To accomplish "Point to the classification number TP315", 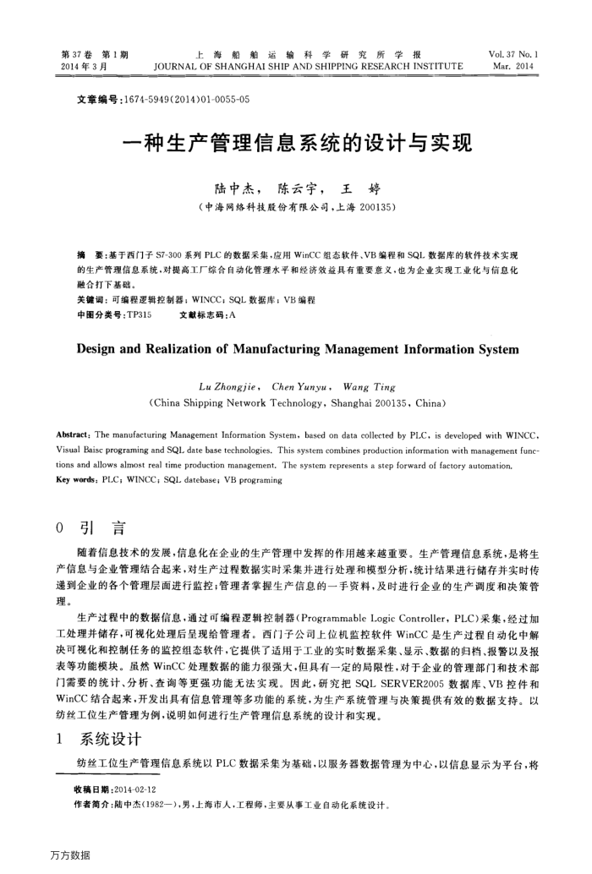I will pyautogui.click(x=138, y=314).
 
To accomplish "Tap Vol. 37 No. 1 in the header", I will pyautogui.click(x=514, y=54).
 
